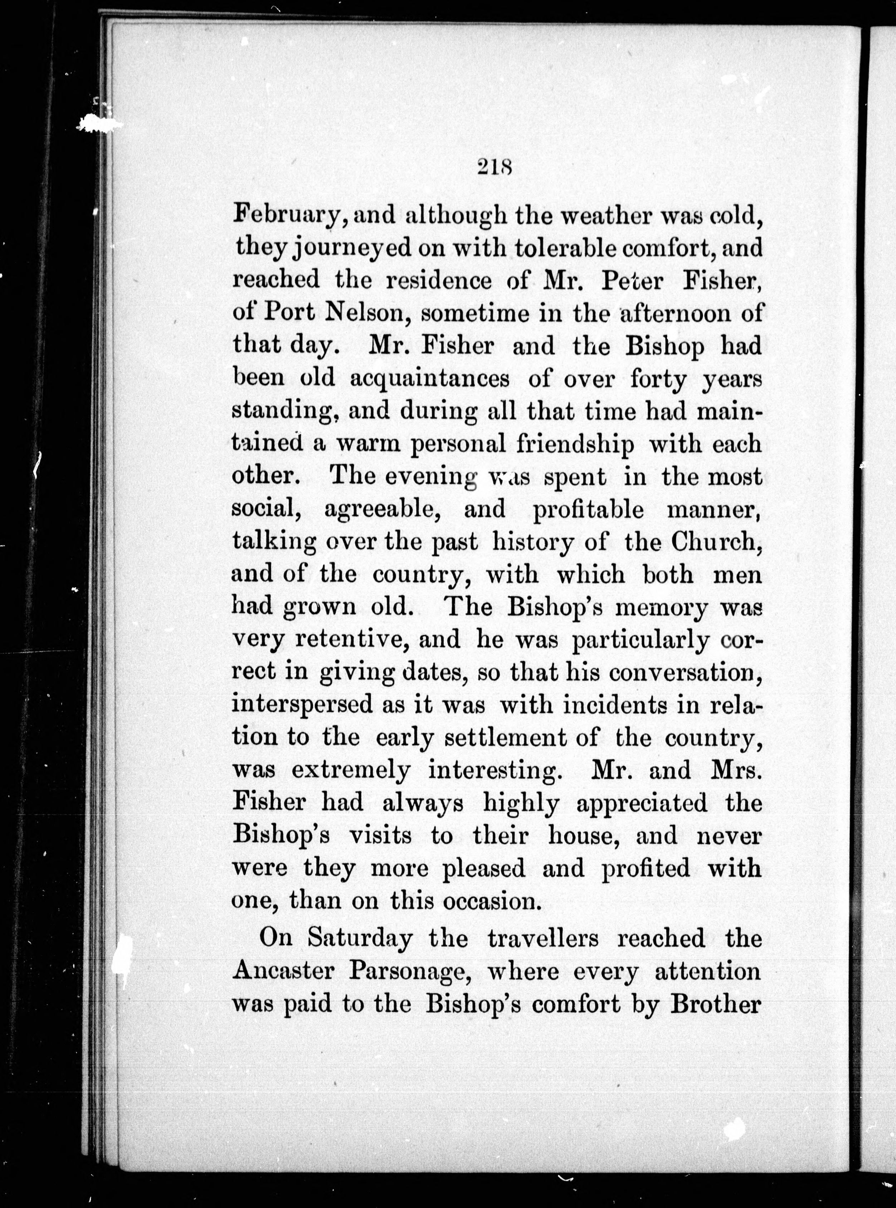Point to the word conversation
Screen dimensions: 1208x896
click(x=685, y=673)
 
